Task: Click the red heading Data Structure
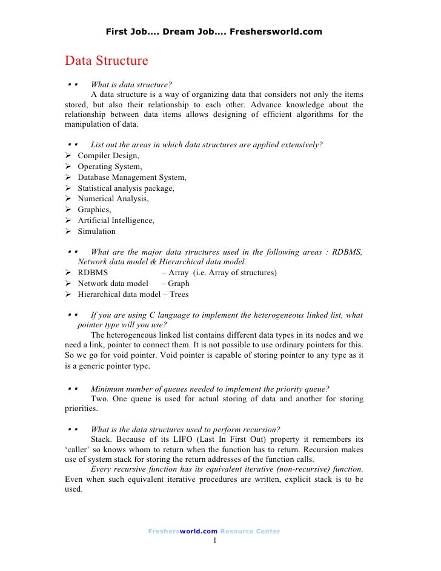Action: (x=106, y=61)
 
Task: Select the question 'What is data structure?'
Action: (x=127, y=84)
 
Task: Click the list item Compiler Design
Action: (x=108, y=156)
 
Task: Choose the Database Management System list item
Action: (x=131, y=178)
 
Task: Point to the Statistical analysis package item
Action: (x=125, y=189)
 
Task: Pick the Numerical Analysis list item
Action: (x=113, y=199)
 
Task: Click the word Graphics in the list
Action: (x=94, y=210)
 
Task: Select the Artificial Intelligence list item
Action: (x=116, y=221)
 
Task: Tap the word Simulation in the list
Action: (x=96, y=232)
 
